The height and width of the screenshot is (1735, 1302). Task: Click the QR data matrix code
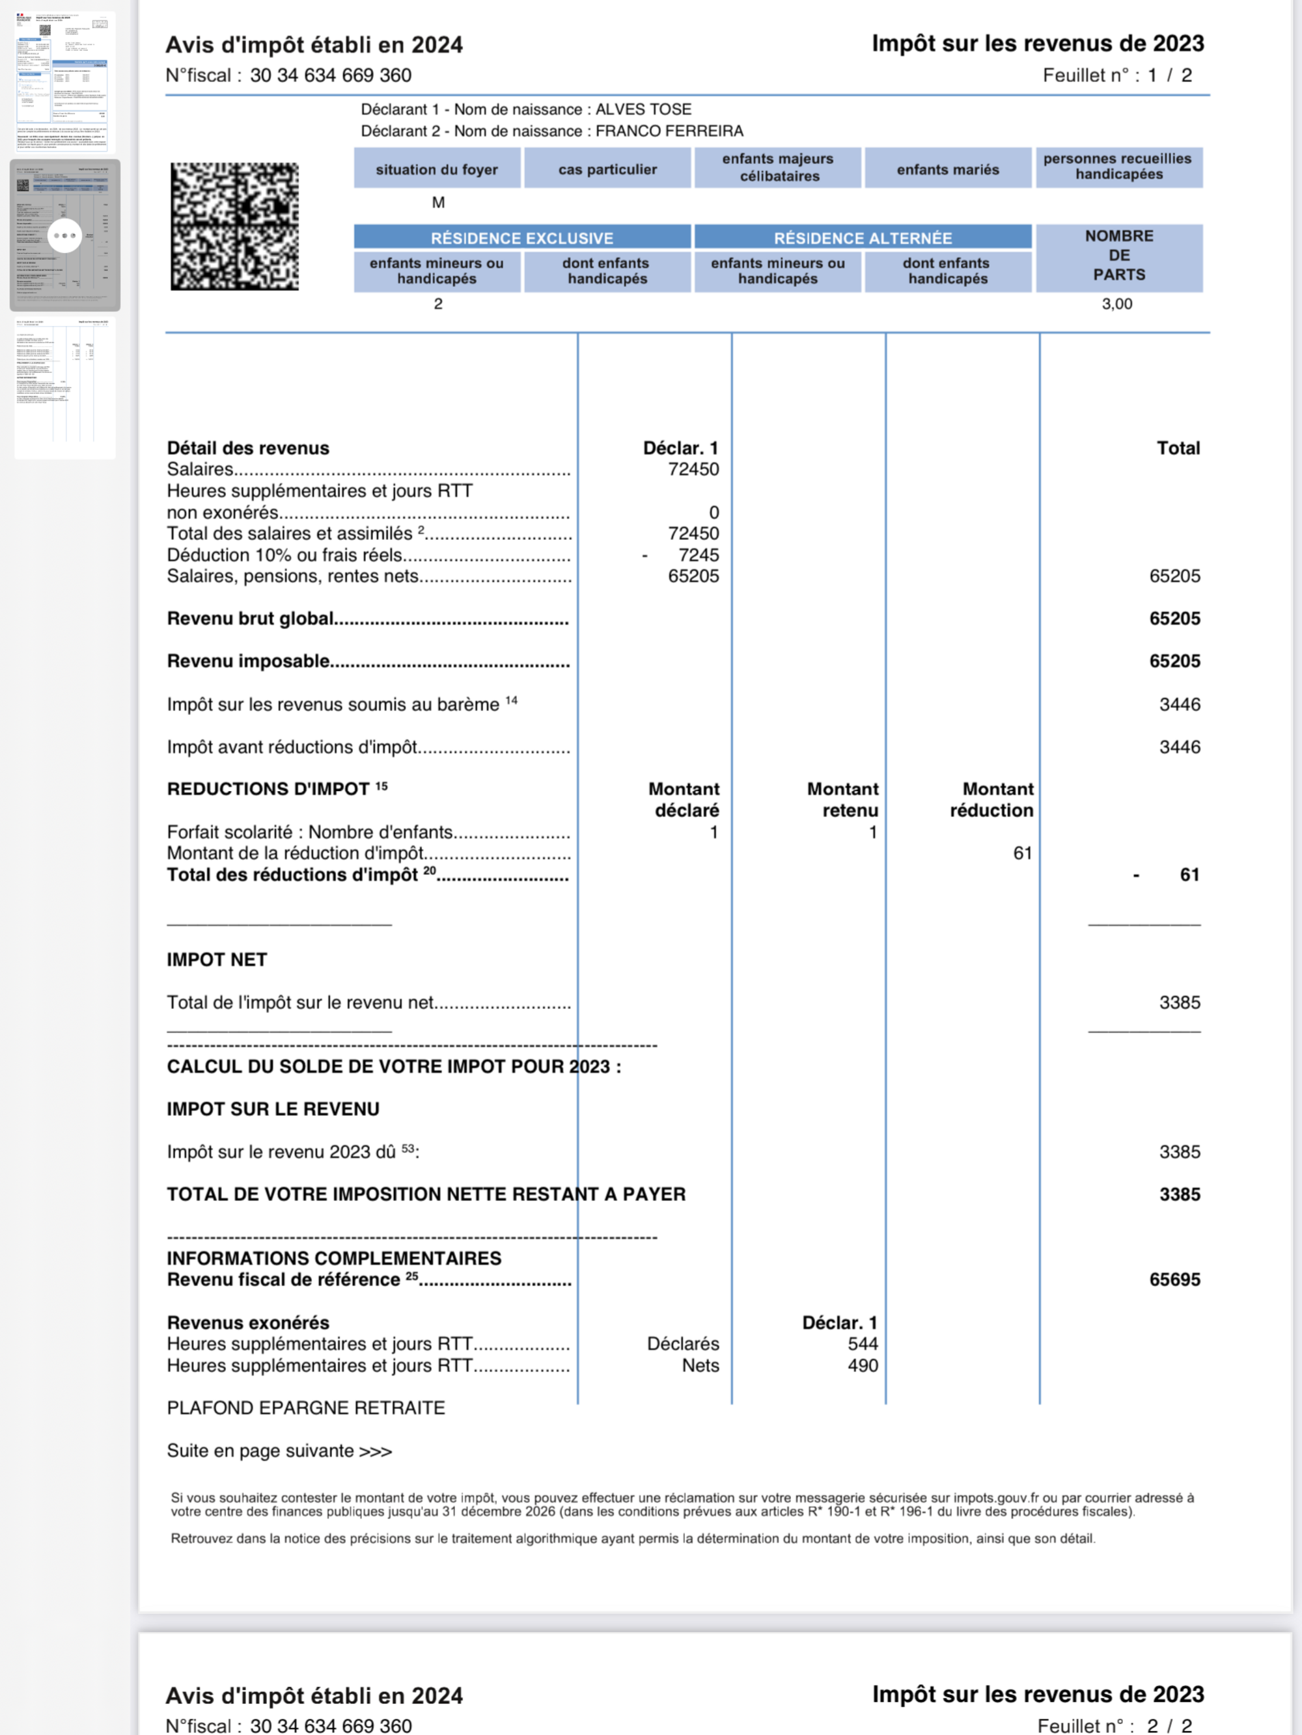click(x=234, y=226)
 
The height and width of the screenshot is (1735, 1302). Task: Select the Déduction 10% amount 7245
click(x=698, y=556)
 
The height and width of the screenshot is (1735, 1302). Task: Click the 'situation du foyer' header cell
click(x=436, y=169)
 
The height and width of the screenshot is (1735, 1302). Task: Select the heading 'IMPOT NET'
click(x=217, y=960)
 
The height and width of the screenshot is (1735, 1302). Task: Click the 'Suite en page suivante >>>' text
click(x=279, y=1451)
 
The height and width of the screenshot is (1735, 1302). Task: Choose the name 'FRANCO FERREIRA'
click(x=669, y=131)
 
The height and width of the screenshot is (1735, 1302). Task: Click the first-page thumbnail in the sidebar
click(x=64, y=81)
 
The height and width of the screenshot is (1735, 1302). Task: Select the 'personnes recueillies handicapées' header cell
click(x=1118, y=167)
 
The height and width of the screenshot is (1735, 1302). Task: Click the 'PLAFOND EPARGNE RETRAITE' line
click(x=305, y=1408)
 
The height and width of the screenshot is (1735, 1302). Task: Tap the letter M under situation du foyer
click(x=438, y=202)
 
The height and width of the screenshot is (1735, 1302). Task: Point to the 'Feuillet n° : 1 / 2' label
click(x=1116, y=75)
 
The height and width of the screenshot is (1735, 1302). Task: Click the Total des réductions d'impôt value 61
click(x=1189, y=874)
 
